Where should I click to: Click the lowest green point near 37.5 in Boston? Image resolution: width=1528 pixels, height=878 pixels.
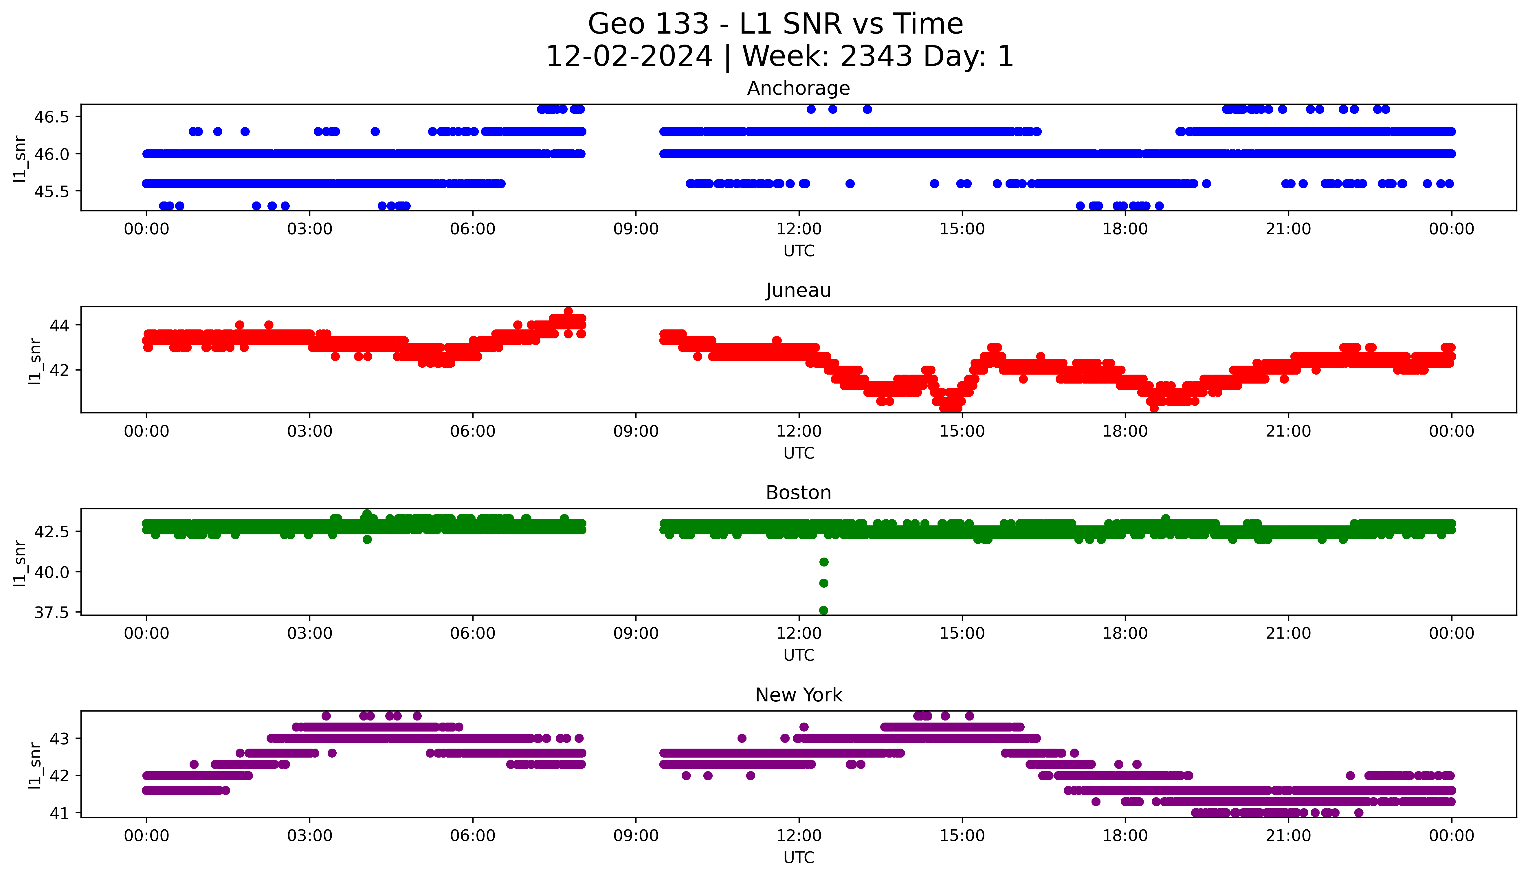pos(823,610)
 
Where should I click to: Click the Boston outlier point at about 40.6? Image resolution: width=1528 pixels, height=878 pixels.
pos(823,562)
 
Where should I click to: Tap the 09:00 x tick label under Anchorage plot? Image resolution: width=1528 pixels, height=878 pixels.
pos(636,229)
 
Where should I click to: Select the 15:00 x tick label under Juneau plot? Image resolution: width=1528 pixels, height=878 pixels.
pos(962,431)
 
